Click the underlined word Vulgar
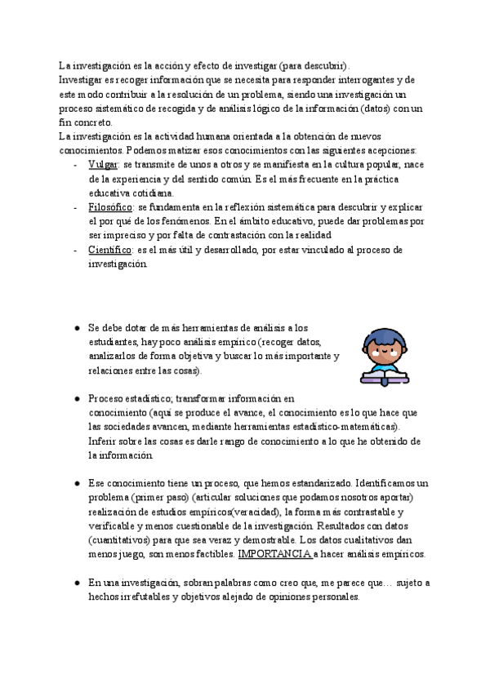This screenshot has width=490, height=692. click(x=103, y=165)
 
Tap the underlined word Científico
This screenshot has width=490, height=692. click(x=109, y=250)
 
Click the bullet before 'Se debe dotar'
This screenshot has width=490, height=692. click(x=75, y=328)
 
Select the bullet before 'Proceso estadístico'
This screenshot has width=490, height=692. click(x=75, y=399)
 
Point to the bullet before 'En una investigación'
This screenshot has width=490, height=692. click(x=75, y=583)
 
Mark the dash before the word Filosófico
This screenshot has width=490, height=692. click(x=75, y=207)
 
